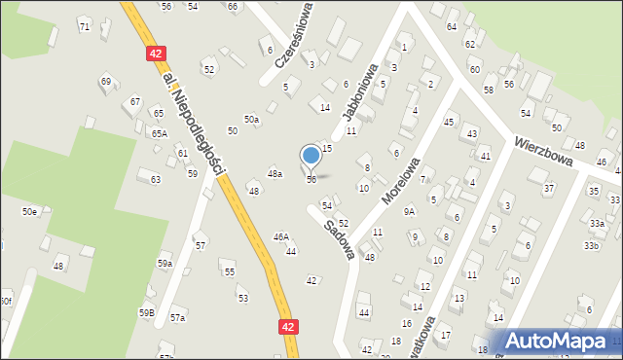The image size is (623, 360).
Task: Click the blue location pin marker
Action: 311,156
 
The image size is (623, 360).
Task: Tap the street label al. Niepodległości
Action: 195,123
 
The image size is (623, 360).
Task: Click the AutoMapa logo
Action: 560,341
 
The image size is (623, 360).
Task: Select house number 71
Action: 85,26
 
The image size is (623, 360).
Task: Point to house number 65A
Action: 159,133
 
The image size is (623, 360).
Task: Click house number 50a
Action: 251,119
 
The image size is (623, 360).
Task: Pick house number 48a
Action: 275,173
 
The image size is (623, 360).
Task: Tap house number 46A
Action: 280,236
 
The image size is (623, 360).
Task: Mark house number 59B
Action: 146,312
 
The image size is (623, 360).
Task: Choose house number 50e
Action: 30,211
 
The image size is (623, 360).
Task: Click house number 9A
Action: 410,211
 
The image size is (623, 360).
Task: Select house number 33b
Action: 591,245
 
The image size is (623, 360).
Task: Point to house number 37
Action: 548,188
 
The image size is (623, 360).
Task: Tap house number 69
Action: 105,82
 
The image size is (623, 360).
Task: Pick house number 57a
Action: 177,317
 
